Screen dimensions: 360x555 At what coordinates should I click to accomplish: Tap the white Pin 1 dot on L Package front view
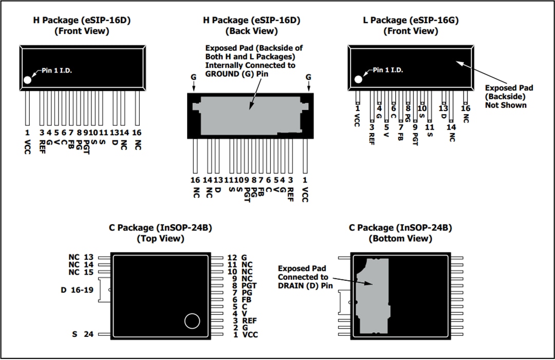pos(358,79)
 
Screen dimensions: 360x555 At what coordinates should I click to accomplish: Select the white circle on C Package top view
pos(192,321)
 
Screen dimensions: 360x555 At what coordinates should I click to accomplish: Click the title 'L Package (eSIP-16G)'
pos(410,21)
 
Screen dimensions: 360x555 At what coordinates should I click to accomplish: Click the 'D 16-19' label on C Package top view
pos(77,290)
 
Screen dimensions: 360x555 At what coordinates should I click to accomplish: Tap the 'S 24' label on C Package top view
pos(83,334)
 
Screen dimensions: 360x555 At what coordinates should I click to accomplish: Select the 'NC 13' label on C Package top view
pos(81,257)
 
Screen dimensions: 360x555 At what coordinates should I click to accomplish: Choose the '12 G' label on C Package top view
pos(237,258)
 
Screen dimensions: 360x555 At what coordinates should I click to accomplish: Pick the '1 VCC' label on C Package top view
pos(243,335)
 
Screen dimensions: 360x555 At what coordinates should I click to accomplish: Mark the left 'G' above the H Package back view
pos(193,77)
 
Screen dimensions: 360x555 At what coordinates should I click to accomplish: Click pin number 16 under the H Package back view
pos(195,180)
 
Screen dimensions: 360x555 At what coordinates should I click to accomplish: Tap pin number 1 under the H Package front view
pos(27,132)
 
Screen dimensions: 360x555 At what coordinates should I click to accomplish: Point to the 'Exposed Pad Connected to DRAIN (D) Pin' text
pos(303,277)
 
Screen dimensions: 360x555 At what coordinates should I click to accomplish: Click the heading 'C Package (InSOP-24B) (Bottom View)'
pos(400,233)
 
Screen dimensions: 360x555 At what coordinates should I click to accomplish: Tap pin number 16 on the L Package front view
pos(466,109)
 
